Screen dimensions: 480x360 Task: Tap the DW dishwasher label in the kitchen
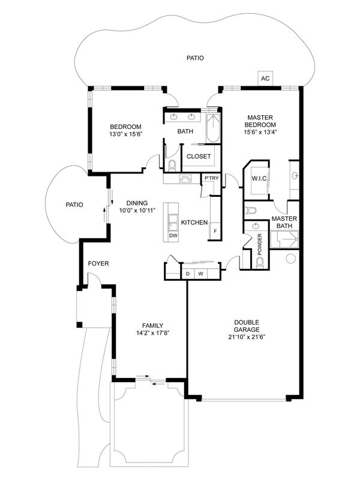pyautogui.click(x=173, y=236)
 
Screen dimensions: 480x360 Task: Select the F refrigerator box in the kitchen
pyautogui.click(x=214, y=231)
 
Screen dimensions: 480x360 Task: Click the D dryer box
pyautogui.click(x=188, y=274)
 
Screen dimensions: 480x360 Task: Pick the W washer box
pyautogui.click(x=201, y=274)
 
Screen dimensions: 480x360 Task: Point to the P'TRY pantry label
pyautogui.click(x=211, y=178)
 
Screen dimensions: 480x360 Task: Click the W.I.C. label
pyautogui.click(x=259, y=178)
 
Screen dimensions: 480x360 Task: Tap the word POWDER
pyautogui.click(x=260, y=245)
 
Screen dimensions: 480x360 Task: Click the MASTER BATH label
pyautogui.click(x=285, y=223)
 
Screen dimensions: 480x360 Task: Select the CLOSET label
pyautogui.click(x=199, y=157)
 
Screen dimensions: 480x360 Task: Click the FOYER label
pyautogui.click(x=98, y=263)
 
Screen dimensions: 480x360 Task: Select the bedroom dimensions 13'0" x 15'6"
pyautogui.click(x=125, y=134)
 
